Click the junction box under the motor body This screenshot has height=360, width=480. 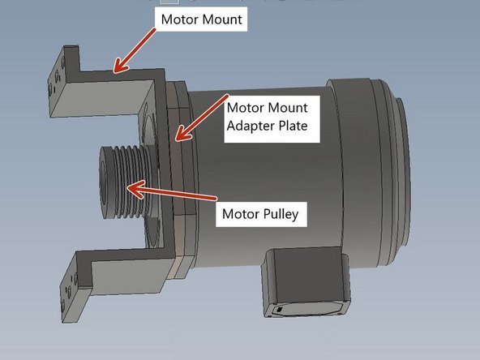click(x=303, y=281)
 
